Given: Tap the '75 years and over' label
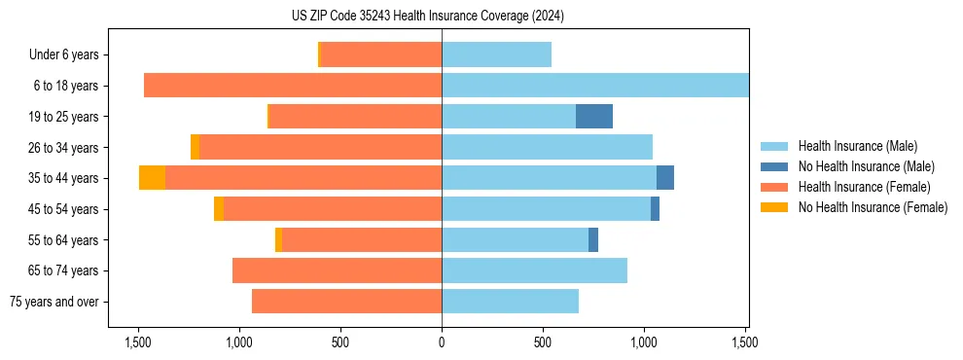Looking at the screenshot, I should click(53, 302).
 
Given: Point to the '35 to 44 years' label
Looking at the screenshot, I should click(63, 178).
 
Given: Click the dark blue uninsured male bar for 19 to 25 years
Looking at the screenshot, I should click(594, 117).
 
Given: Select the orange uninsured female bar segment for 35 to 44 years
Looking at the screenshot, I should click(152, 178).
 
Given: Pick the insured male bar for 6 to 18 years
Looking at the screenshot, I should click(595, 86).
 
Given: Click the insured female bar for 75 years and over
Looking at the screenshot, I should click(346, 302).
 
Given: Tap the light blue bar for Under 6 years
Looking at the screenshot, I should click(496, 55).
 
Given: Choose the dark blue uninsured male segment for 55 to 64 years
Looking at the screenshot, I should click(593, 239).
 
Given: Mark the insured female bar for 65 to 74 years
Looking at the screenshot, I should click(337, 270).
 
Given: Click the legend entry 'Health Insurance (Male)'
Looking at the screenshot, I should click(857, 146).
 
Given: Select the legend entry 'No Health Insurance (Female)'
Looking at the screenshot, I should click(873, 207).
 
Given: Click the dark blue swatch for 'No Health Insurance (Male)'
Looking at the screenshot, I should click(775, 166).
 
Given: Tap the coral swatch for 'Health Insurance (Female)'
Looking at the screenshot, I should click(775, 187).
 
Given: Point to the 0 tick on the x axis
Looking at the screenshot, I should click(442, 342).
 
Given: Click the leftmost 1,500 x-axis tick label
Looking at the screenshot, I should click(138, 342).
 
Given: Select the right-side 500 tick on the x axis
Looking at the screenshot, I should click(543, 342).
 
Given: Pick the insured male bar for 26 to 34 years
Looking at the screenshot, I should click(547, 148).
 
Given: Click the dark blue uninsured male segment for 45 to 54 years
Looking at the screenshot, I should click(655, 209).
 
